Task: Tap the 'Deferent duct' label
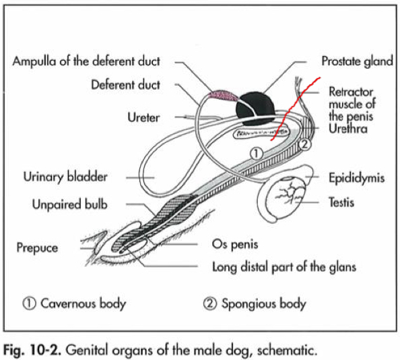[x=126, y=86]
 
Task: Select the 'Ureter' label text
[x=143, y=117]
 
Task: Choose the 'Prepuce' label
[x=38, y=247]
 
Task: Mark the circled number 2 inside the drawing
[x=304, y=144]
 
